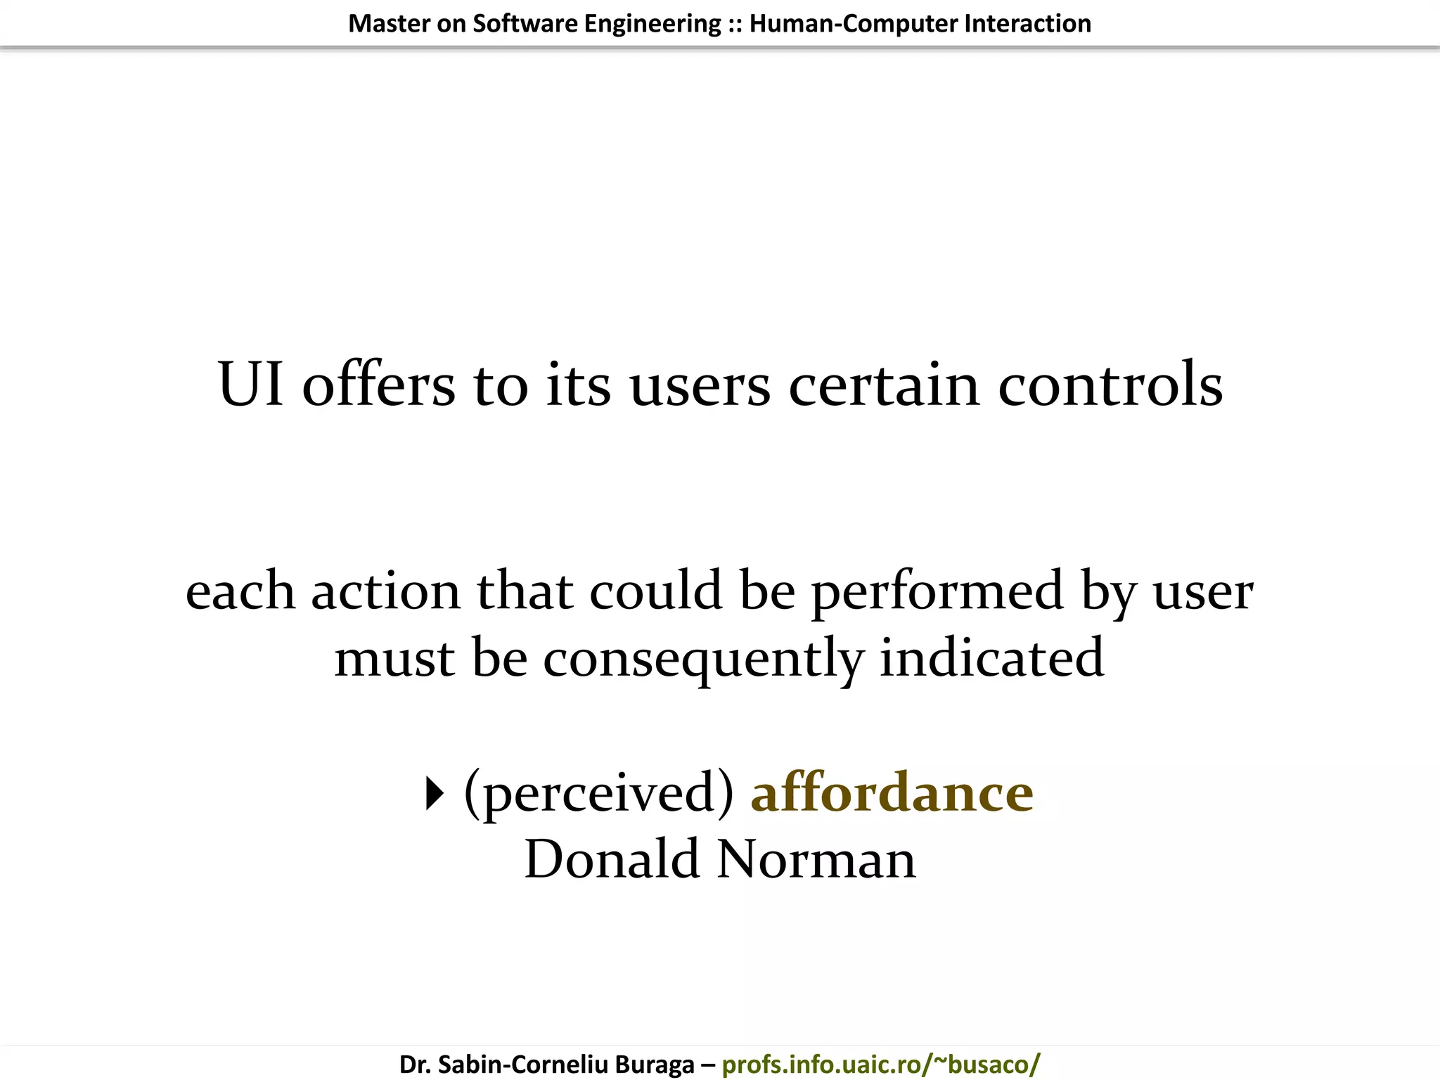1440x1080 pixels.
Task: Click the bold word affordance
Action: pyautogui.click(x=892, y=792)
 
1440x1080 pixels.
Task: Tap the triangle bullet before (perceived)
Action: pyautogui.click(x=435, y=794)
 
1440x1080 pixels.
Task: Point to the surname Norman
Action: pyautogui.click(x=816, y=859)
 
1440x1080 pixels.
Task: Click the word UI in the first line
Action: pyautogui.click(x=251, y=384)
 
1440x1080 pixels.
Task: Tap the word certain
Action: pyautogui.click(x=884, y=384)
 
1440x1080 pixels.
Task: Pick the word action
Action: pyautogui.click(x=386, y=591)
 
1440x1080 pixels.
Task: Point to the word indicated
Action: pyautogui.click(x=991, y=657)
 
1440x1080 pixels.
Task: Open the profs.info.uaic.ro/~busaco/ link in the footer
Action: pyautogui.click(x=880, y=1064)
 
